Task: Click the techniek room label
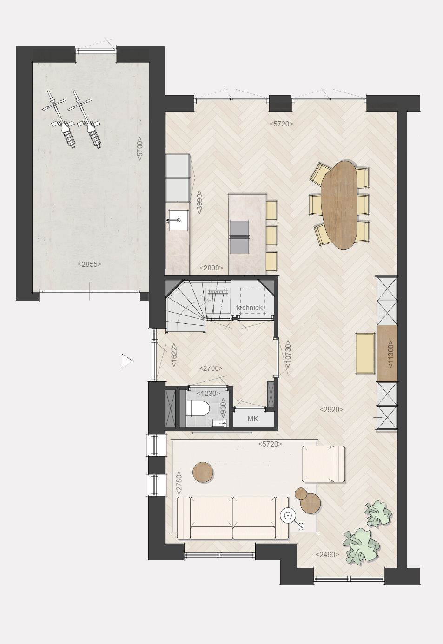tap(249, 307)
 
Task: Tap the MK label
tap(253, 419)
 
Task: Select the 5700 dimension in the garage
tap(140, 149)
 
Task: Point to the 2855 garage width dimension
tap(89, 264)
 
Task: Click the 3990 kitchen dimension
tap(199, 203)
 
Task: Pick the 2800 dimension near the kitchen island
tap(212, 268)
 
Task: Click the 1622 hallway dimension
tap(174, 355)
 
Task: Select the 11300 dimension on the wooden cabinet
tap(390, 354)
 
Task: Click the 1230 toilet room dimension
tap(209, 393)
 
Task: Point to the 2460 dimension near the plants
tap(327, 554)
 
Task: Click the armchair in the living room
tap(324, 464)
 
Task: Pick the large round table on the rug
tap(203, 472)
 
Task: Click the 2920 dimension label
tap(331, 409)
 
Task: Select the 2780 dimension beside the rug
tap(179, 483)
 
